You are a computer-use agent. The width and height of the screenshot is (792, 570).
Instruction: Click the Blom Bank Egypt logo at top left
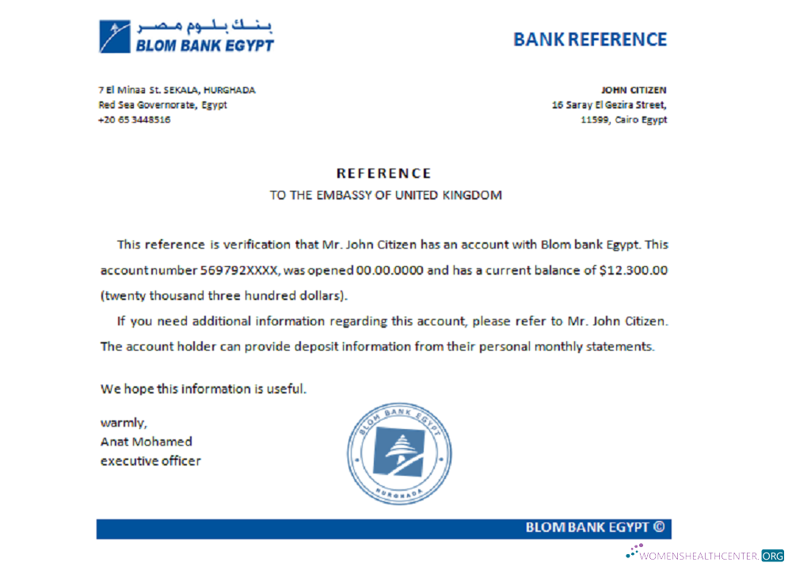click(185, 36)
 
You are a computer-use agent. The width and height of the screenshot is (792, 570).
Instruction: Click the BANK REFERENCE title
click(590, 39)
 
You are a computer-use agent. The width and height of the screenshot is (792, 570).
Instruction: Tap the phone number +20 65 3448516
click(134, 120)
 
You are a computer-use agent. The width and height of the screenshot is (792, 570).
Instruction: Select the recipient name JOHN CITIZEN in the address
click(634, 90)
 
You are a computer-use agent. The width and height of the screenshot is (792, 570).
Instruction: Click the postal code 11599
click(594, 120)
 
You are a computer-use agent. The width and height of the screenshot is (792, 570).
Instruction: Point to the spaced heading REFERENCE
click(384, 173)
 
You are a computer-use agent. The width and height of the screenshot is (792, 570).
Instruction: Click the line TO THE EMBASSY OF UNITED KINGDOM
click(386, 196)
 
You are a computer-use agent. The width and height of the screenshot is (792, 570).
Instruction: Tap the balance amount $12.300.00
click(634, 270)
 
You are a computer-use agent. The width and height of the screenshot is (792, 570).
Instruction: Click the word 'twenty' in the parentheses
click(123, 295)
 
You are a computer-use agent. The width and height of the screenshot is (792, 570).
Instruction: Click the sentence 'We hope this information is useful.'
click(203, 389)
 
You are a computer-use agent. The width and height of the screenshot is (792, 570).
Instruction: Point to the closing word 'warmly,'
click(124, 422)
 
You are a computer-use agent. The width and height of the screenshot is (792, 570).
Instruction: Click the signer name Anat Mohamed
click(147, 441)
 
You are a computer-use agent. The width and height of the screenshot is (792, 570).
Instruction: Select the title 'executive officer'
click(150, 461)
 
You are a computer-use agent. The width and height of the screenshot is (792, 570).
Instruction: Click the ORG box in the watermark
click(772, 556)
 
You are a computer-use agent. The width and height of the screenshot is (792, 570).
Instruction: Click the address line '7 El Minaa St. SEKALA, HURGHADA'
click(177, 90)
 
